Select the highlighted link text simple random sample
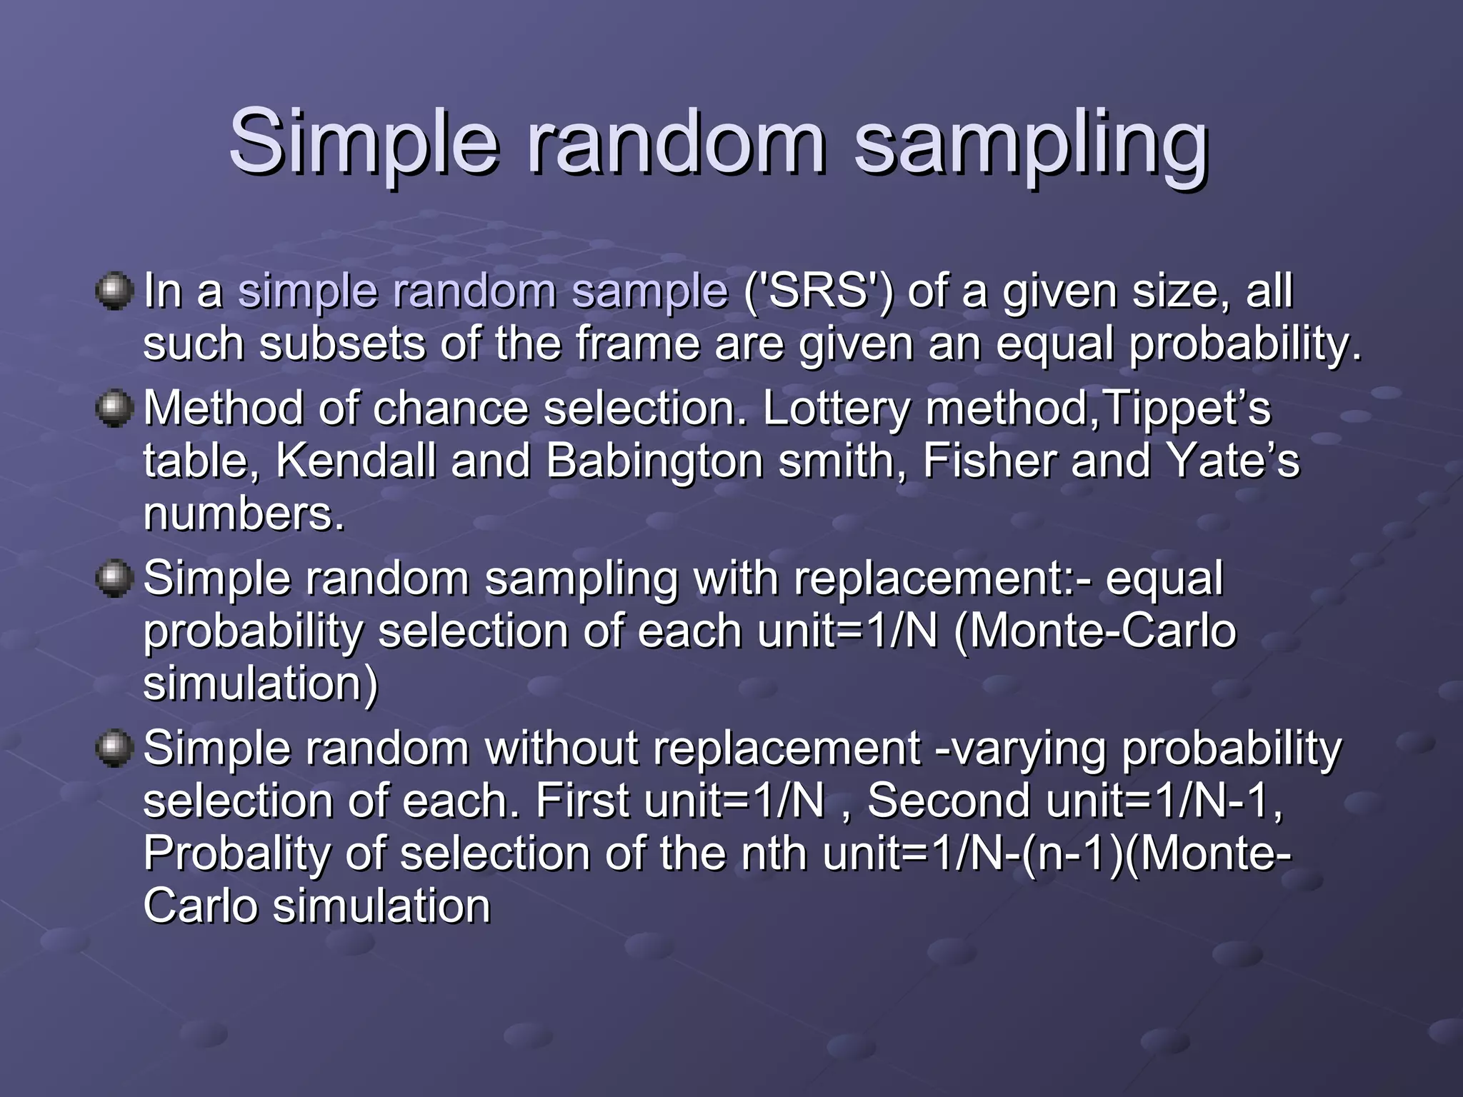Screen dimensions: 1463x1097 pos(483,291)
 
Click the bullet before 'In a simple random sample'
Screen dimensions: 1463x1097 pos(114,291)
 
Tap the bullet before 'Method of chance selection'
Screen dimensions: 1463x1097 pos(114,409)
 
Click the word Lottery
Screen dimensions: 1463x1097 pos(837,409)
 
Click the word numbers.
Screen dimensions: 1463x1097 pos(244,514)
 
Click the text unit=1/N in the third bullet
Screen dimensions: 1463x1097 pos(847,631)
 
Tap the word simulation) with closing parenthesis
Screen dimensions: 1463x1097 pos(260,683)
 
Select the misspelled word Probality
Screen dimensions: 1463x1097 pos(236,853)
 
